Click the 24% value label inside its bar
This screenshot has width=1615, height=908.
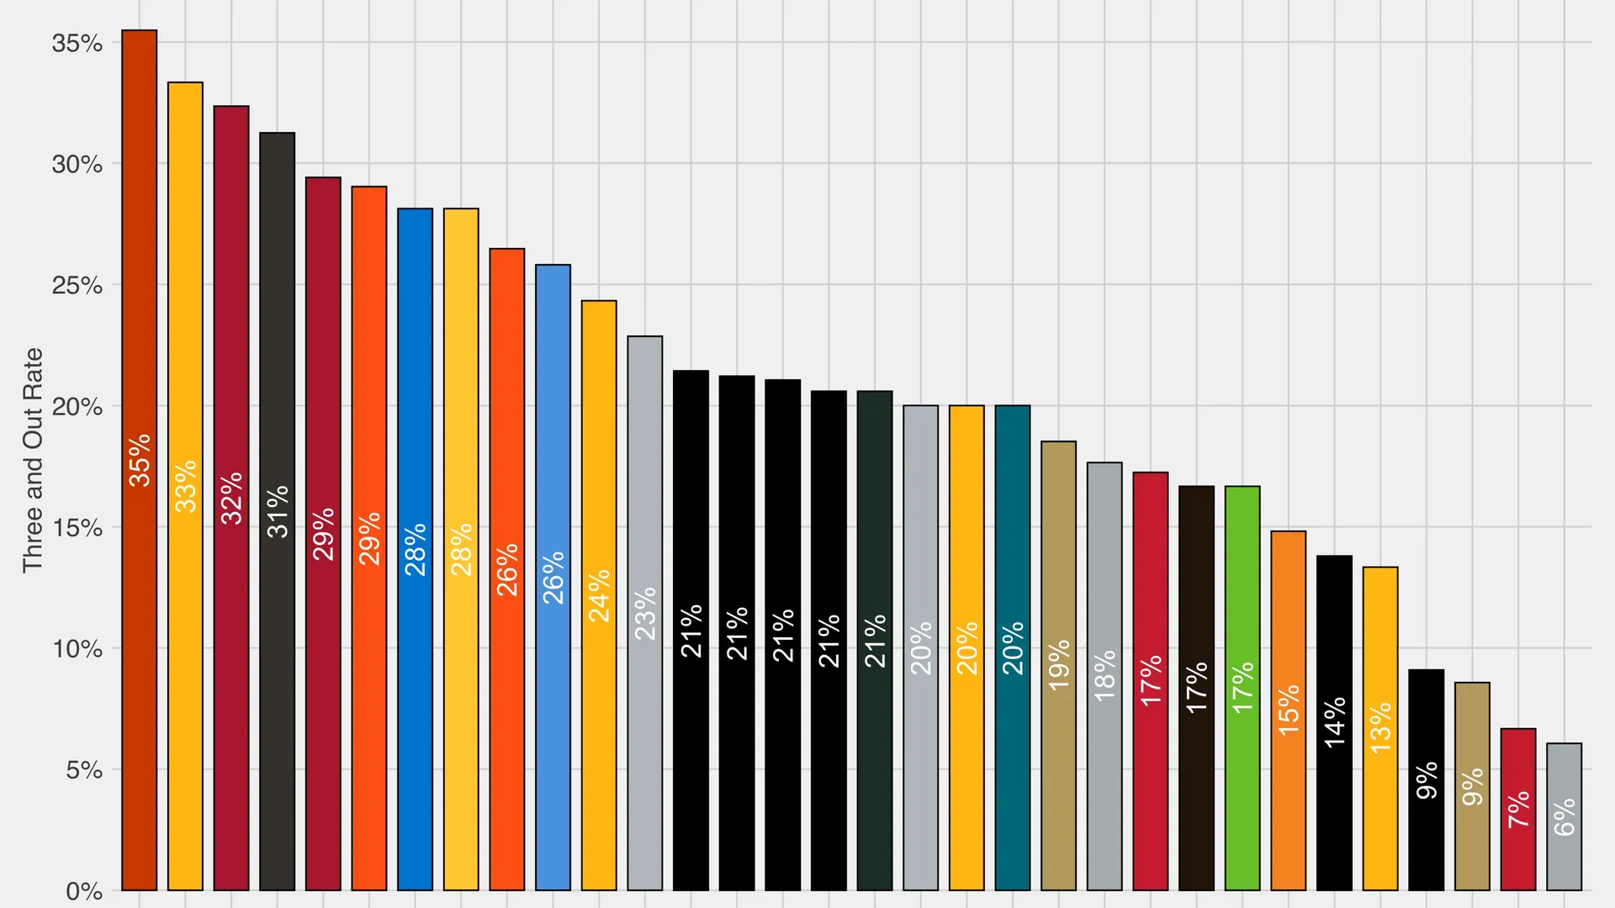599,596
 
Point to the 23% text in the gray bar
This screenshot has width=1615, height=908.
645,614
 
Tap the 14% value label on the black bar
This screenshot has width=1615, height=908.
1334,722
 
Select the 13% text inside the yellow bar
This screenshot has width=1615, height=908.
1380,728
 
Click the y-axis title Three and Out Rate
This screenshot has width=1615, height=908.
33,460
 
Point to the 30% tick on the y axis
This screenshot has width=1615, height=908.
77,164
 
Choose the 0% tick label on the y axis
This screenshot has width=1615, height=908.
84,891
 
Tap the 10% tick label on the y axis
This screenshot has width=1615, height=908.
77,649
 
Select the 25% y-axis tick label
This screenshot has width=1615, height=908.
77,285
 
